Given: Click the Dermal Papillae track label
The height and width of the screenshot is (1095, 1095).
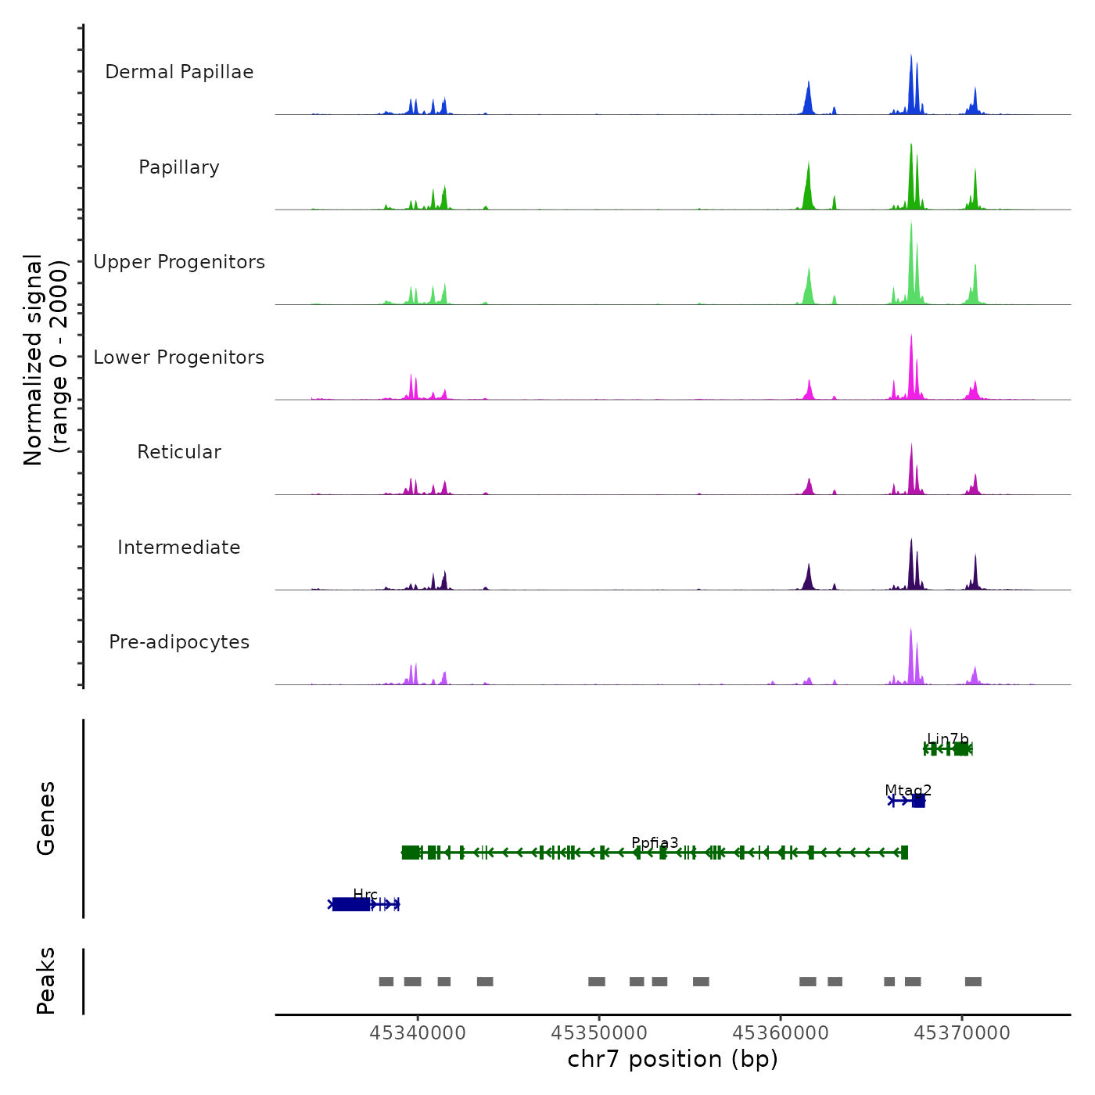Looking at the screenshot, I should pyautogui.click(x=179, y=72).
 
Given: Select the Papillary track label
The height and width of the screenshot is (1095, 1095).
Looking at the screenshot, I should pyautogui.click(x=179, y=167).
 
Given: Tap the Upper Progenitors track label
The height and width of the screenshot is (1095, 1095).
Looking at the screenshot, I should pyautogui.click(x=179, y=262).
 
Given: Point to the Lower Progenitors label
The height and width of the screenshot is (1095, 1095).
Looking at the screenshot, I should pyautogui.click(x=179, y=357).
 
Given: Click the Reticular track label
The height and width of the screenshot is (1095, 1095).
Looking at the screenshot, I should pyautogui.click(x=179, y=452).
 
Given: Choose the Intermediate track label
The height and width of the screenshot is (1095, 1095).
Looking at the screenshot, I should pyautogui.click(x=179, y=547).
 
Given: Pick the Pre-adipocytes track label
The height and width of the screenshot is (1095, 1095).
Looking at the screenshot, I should pyautogui.click(x=179, y=642).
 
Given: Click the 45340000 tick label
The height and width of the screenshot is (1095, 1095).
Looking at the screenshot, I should pyautogui.click(x=418, y=1033).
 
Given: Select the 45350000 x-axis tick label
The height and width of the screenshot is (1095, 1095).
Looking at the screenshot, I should pyautogui.click(x=599, y=1033).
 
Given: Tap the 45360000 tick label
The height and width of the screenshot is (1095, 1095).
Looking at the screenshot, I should pyautogui.click(x=781, y=1033).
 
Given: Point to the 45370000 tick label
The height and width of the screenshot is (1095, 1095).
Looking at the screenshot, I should pyautogui.click(x=962, y=1033).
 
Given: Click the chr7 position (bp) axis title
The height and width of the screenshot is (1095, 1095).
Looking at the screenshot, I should pyautogui.click(x=673, y=1060).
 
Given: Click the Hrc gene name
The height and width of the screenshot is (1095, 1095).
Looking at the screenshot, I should pyautogui.click(x=365, y=894).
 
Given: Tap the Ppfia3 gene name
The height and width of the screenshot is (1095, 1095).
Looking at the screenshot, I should pyautogui.click(x=655, y=842).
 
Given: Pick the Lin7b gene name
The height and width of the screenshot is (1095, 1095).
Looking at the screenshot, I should pyautogui.click(x=948, y=739).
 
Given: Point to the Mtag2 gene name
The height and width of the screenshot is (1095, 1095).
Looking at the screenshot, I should pyautogui.click(x=908, y=790).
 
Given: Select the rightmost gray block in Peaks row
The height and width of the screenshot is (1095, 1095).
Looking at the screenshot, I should pyautogui.click(x=973, y=982).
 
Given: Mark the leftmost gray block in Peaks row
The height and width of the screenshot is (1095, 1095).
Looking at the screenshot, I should pyautogui.click(x=386, y=982).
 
